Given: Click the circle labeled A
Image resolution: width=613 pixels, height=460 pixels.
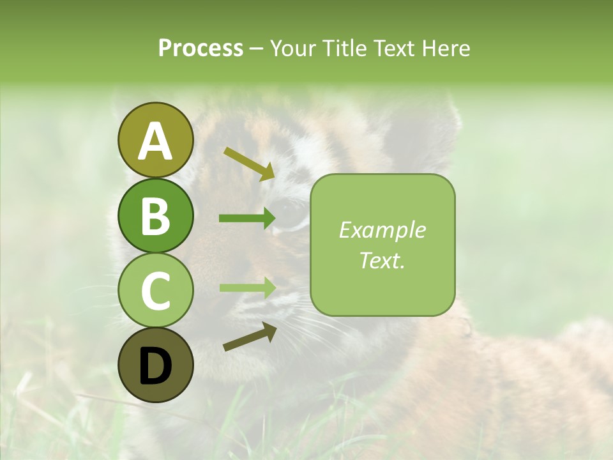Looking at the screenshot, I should [156, 141].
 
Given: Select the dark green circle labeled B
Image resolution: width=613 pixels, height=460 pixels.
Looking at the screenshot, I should [156, 215].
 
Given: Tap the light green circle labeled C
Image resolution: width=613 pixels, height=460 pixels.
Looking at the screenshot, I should [156, 290].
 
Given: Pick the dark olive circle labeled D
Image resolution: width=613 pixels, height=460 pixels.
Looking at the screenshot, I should [156, 365].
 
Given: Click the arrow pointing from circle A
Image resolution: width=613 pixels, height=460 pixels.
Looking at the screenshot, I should [249, 163].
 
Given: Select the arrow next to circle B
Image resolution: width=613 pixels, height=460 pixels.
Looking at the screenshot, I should [247, 218].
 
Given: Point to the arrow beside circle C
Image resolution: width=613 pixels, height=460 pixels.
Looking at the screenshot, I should [247, 287].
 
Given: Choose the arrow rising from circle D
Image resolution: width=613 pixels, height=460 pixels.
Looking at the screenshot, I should [250, 337].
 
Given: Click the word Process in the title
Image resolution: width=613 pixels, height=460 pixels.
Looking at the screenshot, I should [201, 48].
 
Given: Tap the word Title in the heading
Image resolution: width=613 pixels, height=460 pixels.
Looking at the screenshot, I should [345, 48].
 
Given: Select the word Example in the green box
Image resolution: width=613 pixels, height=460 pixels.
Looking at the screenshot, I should [382, 230].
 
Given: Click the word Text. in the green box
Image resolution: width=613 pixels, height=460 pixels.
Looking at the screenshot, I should [382, 260].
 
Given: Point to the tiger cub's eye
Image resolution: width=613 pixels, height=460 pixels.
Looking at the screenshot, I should [291, 214].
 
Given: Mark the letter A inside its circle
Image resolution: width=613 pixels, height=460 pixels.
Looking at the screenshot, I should [156, 141].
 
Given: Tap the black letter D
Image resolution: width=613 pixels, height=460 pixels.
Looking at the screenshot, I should [156, 366].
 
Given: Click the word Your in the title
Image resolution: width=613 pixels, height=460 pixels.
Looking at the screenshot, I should [294, 48].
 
